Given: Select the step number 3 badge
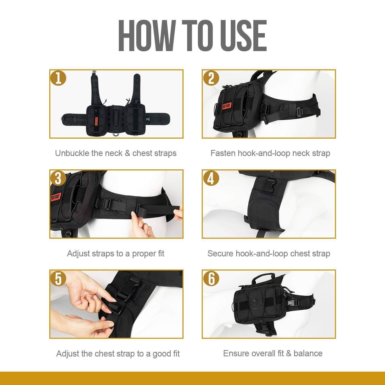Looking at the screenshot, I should point(59,178).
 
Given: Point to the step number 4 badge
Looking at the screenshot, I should point(211,178).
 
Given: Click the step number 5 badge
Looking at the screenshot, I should point(59,278).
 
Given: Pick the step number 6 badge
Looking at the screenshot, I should point(211,278).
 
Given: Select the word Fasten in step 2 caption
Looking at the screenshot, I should point(223,153).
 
